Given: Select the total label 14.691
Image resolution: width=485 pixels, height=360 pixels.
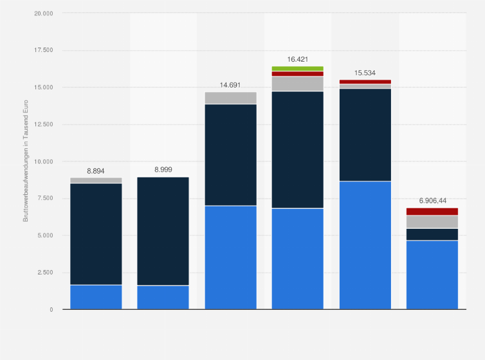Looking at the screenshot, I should point(230,84).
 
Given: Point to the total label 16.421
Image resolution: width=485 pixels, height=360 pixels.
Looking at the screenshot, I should point(298,59).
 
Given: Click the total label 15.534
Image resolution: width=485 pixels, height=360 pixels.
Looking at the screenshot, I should point(365,73).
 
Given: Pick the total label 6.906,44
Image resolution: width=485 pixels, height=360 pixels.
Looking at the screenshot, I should point(432,201).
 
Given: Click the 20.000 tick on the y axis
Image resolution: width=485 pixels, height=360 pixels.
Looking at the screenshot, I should point(44,13).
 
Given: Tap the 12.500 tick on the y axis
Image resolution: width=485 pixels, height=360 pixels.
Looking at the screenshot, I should point(44,124).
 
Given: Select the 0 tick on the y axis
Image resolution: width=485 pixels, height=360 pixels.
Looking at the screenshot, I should point(51,309).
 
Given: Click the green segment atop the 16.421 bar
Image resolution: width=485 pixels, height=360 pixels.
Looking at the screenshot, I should point(298,68).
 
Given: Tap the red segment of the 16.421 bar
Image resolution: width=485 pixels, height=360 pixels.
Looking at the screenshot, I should point(298,74).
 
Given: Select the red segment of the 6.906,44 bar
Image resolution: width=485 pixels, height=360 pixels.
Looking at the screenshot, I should point(432,212).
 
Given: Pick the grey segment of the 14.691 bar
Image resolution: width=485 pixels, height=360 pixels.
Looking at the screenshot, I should point(230,98).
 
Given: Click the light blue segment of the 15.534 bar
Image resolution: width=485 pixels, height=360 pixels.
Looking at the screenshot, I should point(365,245).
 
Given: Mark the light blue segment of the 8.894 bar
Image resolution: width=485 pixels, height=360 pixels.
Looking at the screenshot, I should point(96,297).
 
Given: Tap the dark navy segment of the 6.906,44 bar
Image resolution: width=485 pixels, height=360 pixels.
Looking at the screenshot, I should point(432,234).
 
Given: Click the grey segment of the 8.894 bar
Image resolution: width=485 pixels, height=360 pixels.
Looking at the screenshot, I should point(96,181).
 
